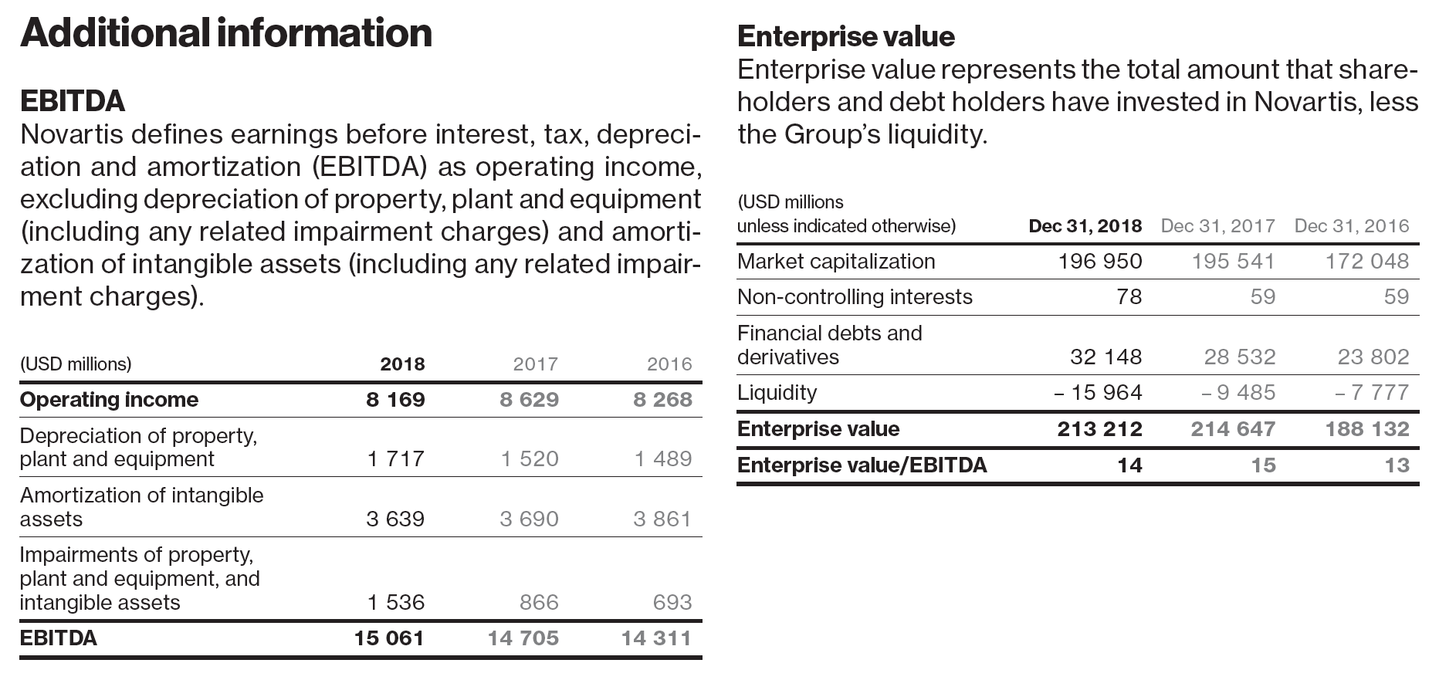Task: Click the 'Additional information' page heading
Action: tap(225, 32)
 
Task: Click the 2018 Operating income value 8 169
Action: tap(395, 399)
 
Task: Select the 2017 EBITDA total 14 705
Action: tap(523, 638)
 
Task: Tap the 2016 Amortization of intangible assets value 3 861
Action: tap(662, 519)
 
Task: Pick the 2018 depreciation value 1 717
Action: tap(395, 458)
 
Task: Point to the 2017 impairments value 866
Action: tap(539, 602)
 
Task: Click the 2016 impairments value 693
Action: tap(672, 602)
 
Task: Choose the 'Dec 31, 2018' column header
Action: tap(1085, 225)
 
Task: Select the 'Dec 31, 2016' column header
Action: tap(1351, 225)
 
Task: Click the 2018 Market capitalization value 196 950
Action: tap(1099, 261)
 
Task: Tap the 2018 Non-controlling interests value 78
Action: tap(1129, 296)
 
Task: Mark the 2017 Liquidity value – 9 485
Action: tap(1238, 392)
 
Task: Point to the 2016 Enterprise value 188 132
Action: tap(1366, 428)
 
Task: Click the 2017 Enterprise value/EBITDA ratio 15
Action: tap(1263, 465)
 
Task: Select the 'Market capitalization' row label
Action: tap(836, 261)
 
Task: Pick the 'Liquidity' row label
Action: tap(777, 392)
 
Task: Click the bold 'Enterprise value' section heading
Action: tap(845, 36)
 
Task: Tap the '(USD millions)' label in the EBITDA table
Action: tap(76, 364)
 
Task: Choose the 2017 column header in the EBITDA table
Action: tap(536, 364)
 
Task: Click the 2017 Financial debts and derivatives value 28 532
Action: tap(1239, 357)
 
